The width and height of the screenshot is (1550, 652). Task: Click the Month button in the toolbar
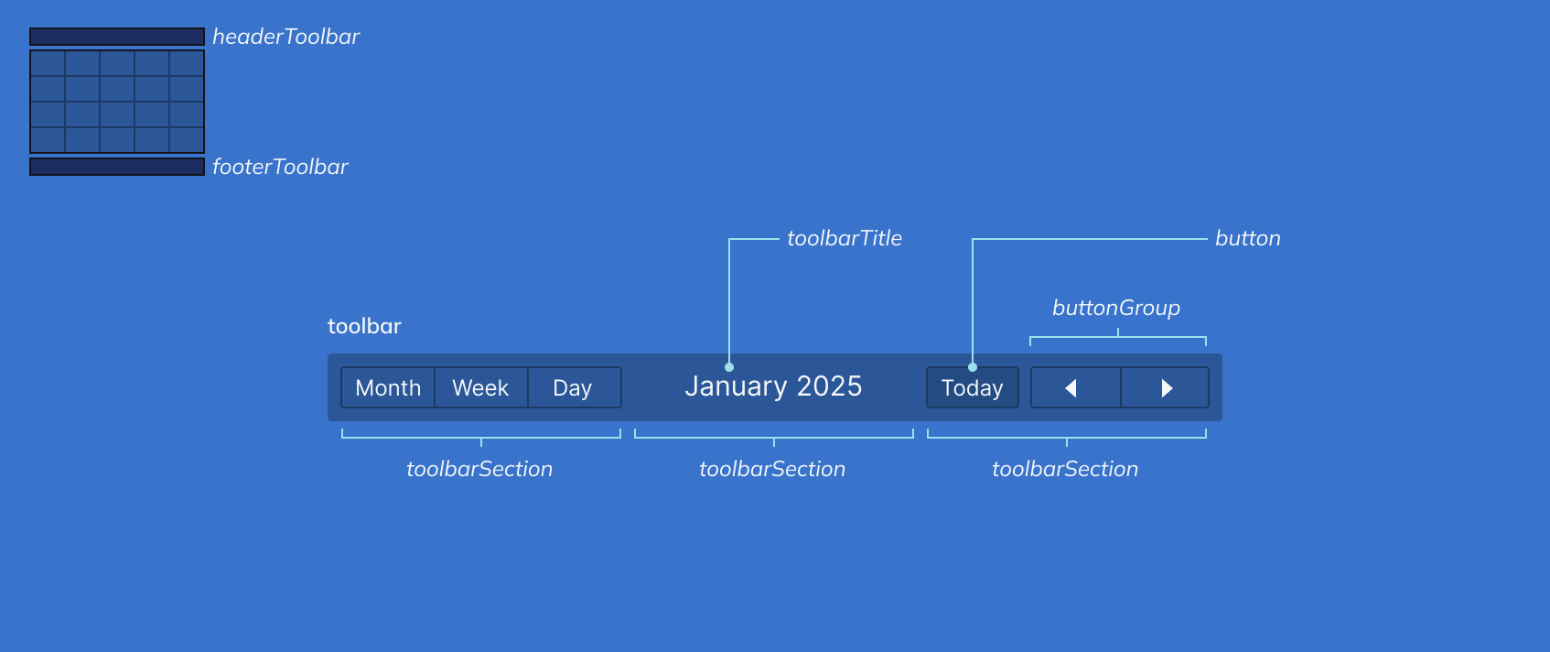388,387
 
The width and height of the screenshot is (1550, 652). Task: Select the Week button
480,387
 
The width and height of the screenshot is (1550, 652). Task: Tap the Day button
573,387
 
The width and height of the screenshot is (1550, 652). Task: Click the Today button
972,388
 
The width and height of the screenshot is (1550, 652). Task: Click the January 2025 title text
773,386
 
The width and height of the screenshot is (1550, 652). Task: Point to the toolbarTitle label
844,238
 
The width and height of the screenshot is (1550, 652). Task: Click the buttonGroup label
1115,308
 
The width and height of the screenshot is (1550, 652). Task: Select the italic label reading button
1247,238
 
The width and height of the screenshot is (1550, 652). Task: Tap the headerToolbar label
285,37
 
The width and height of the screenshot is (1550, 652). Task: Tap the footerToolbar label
280,167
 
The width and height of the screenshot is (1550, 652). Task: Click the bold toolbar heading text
364,326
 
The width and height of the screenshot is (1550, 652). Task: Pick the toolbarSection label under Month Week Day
479,469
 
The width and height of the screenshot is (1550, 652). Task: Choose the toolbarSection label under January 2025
772,469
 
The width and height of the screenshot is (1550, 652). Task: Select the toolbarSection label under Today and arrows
1065,469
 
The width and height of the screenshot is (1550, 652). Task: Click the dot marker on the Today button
973,367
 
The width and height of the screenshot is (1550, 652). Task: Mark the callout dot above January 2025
729,367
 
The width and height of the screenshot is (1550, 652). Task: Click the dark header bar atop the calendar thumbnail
117,37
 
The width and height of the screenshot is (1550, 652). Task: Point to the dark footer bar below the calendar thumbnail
117,167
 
